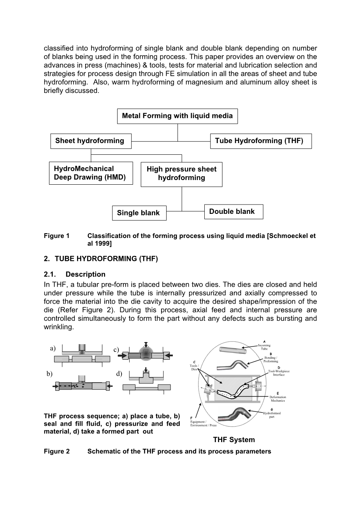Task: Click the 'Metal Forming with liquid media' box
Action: pos(177,116)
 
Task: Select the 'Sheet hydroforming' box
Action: pos(90,141)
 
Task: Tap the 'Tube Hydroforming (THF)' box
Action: pos(260,141)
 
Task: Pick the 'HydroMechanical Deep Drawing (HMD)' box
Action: pos(91,173)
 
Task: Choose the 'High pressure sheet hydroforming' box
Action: pos(181,173)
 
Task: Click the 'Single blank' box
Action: pos(139,213)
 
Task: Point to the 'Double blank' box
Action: pos(233,212)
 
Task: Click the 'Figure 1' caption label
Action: pos(56,236)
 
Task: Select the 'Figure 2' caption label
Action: pos(56,451)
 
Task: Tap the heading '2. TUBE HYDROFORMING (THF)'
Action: pos(101,259)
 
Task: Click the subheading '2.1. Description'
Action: pos(75,275)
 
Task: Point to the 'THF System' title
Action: pos(234,440)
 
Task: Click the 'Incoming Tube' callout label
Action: pos(264,347)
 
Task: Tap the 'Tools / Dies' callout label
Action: pos(194,367)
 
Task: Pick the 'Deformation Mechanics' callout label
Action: pos(277,399)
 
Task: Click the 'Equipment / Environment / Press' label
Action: pos(203,423)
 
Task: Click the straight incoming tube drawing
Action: pos(233,350)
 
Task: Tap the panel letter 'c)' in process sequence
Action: pos(116,350)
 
